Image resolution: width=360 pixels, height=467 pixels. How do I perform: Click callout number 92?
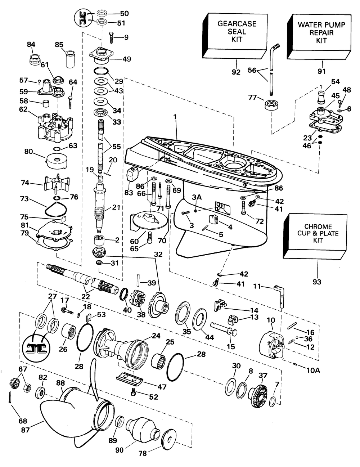click(236, 72)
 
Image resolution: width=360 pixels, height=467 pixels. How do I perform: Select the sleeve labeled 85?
click(69, 58)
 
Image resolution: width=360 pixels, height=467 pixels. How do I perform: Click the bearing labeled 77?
click(271, 107)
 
